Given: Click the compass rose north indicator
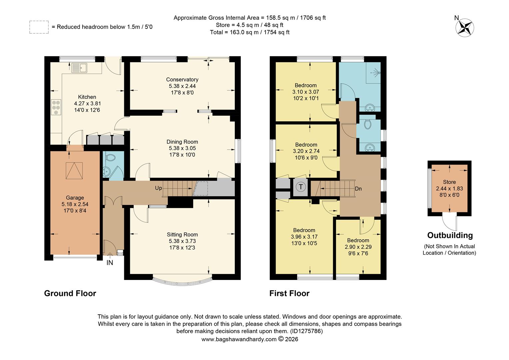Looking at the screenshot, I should click(464, 27).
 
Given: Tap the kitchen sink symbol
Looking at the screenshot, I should click(79, 68).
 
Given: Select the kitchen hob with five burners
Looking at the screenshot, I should click(56, 107).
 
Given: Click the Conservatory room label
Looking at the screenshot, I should click(182, 79).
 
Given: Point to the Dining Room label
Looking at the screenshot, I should click(182, 142).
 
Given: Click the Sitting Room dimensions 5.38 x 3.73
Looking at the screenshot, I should click(182, 241).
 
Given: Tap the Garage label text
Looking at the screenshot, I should click(75, 198).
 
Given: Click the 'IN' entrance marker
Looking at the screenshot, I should click(110, 263).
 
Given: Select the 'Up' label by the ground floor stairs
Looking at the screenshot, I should click(159, 188).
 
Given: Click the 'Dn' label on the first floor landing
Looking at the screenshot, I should click(358, 189).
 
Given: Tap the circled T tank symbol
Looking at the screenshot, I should click(301, 187).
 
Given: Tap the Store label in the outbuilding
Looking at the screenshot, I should click(449, 182).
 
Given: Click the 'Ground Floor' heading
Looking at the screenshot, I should click(70, 293).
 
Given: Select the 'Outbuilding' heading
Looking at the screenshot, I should click(450, 235).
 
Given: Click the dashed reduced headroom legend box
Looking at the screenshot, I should click(39, 27).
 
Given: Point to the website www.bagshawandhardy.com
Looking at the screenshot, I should click(239, 339).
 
